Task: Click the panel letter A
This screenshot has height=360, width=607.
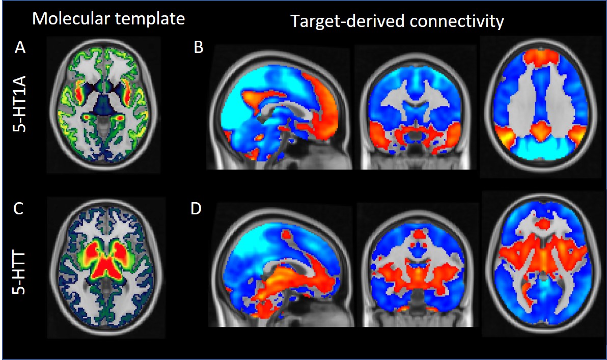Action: tap(20, 48)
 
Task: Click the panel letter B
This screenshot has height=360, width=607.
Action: tap(199, 48)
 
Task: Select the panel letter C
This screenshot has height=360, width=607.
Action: tap(20, 209)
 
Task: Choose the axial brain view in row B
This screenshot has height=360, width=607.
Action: tap(542, 107)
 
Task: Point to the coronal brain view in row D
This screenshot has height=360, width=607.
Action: tap(415, 267)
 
